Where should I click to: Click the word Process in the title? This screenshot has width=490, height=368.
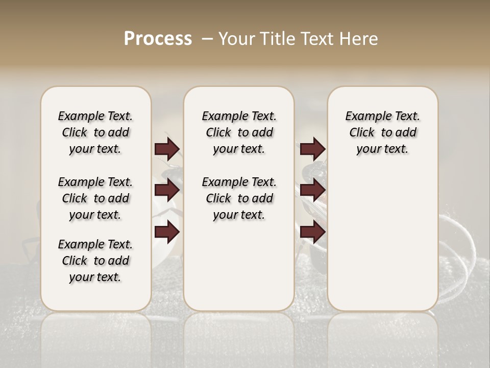(158, 39)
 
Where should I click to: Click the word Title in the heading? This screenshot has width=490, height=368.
(276, 39)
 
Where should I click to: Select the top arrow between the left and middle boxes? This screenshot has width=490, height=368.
(167, 149)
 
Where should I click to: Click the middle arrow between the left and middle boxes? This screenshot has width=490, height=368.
(167, 191)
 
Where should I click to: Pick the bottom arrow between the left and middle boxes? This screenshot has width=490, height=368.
(167, 232)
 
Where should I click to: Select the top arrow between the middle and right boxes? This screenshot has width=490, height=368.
(312, 149)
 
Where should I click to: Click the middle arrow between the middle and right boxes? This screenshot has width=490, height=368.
(312, 191)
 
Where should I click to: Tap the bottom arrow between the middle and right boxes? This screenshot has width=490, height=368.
(312, 232)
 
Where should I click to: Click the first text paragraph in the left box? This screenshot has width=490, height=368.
(95, 132)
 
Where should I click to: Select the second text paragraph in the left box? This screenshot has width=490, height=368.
(95, 198)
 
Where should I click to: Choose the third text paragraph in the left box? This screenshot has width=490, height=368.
(95, 261)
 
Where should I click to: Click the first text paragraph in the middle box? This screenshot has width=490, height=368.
(239, 132)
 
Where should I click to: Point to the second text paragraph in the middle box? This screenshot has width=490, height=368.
(239, 198)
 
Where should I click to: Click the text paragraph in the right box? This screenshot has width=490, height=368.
(382, 132)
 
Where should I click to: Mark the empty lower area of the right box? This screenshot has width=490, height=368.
(382, 240)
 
